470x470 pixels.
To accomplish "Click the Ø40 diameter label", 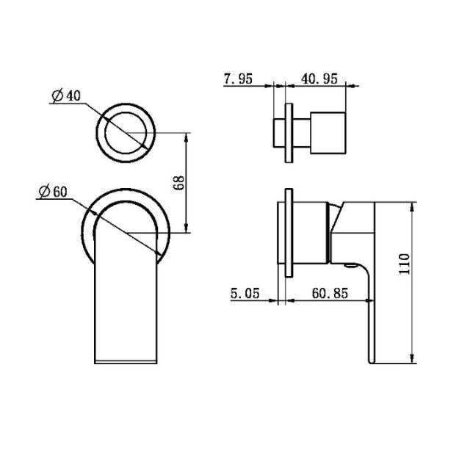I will point(67,95).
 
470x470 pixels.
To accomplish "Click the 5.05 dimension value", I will point(245,293).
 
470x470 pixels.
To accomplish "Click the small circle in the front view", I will point(129,134).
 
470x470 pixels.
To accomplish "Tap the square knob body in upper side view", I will point(328,132).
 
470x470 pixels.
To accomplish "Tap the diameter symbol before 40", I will point(57,95).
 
